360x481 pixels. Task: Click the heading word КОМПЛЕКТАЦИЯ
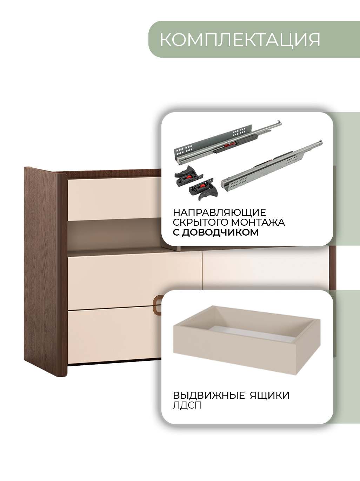(x=240, y=40)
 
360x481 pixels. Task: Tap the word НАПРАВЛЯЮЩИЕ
(x=219, y=212)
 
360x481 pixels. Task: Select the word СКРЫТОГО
(x=200, y=222)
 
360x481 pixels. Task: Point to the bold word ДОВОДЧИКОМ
(x=220, y=232)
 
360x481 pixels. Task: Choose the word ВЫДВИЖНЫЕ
(x=209, y=395)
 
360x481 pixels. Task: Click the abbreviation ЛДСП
(x=187, y=405)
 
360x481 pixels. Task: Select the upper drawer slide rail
(x=227, y=142)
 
